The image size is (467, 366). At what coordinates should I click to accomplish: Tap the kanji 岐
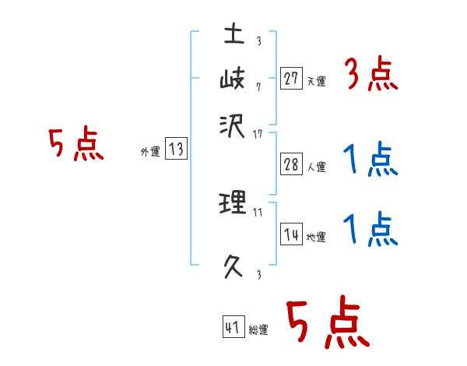tap(233, 79)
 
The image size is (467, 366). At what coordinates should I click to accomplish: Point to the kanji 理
tap(233, 204)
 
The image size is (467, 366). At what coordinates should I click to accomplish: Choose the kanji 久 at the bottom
tap(233, 267)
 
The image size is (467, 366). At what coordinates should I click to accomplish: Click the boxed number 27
tap(291, 79)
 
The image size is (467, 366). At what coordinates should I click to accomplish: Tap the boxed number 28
tap(291, 164)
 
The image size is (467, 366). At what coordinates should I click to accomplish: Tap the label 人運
tap(316, 167)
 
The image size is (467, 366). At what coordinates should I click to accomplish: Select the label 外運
tap(149, 153)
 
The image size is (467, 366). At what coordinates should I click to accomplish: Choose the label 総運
tap(258, 329)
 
